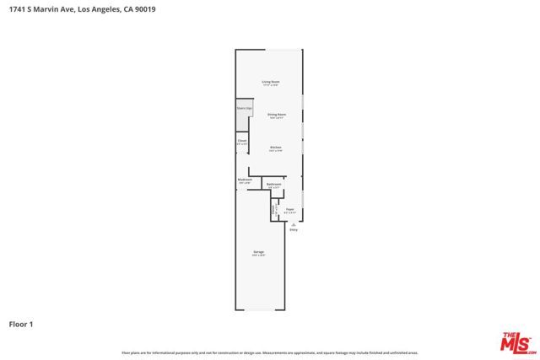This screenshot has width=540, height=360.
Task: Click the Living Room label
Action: click(270, 83)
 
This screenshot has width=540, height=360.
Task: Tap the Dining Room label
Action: click(275, 116)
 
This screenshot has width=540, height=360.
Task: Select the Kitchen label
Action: click(276, 148)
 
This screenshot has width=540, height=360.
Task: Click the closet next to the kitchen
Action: click(242, 142)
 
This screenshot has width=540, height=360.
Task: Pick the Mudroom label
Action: click(245, 180)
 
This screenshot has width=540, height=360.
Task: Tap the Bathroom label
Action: click(273, 185)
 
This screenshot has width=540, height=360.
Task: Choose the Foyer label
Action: click(289, 210)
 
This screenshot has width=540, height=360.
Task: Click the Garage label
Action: click(258, 253)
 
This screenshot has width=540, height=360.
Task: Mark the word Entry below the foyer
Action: click(293, 230)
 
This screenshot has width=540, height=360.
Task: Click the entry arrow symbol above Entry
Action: click(293, 224)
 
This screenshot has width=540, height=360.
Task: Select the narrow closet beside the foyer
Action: click(274, 208)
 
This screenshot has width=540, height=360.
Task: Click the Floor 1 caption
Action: click(22, 324)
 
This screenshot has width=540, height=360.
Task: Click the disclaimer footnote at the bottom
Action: click(270, 352)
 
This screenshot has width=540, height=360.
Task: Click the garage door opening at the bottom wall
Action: click(259, 310)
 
